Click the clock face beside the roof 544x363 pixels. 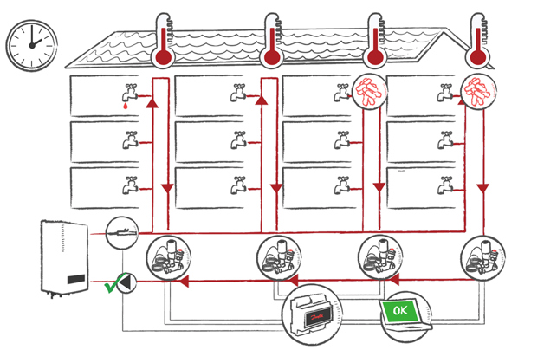pos(30,46)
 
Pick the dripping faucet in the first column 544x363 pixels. pos(130,94)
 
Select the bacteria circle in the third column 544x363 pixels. pos(367,92)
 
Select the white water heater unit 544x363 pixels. pos(64,259)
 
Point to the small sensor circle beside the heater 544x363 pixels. pos(121,232)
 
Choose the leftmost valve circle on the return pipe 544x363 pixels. pos(169,258)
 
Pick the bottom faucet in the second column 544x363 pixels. pos(238,185)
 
